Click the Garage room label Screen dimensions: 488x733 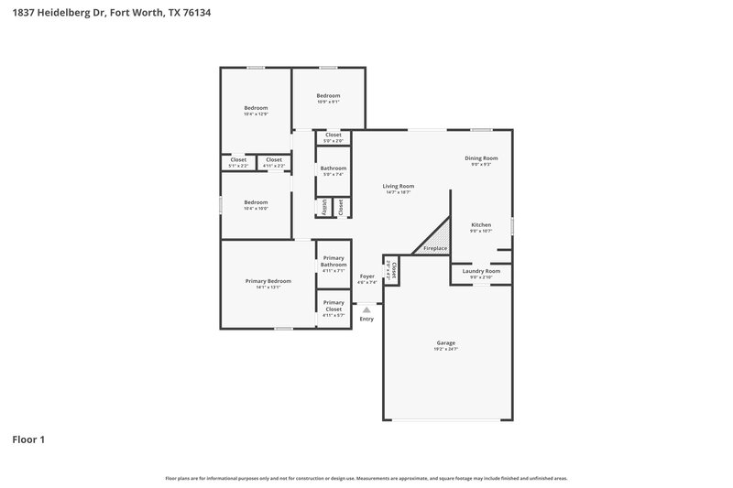(445, 342)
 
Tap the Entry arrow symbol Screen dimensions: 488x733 (366, 310)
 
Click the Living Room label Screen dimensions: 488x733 (399, 186)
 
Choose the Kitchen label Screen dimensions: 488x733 (481, 224)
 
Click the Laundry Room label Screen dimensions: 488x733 (481, 271)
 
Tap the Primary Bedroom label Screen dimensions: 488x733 (268, 281)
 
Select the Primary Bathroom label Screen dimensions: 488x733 (334, 262)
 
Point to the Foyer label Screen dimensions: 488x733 (367, 276)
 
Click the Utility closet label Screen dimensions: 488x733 (324, 208)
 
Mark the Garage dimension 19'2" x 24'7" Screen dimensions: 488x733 (445, 349)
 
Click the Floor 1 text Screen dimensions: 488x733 (28, 439)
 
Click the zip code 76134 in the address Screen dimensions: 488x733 (199, 14)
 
